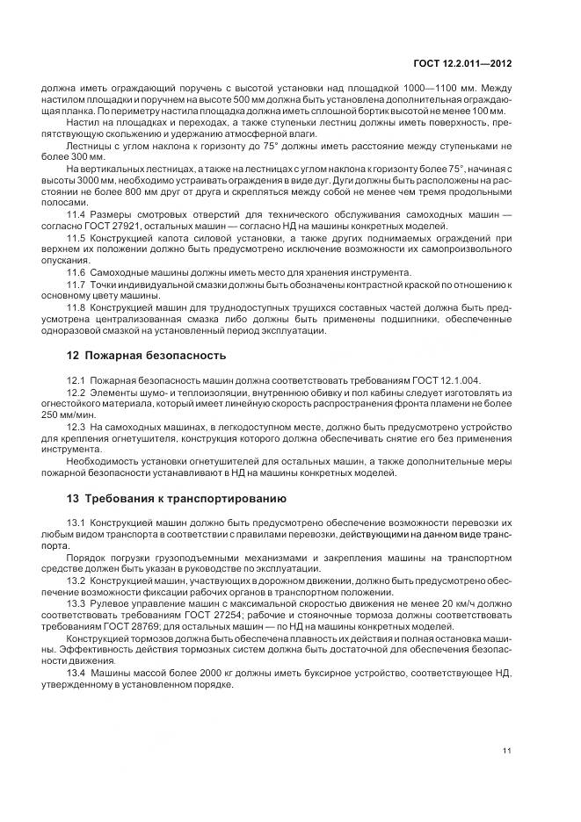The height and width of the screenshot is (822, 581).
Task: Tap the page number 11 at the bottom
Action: click(x=507, y=751)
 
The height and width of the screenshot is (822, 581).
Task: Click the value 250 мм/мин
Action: click(x=66, y=415)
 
